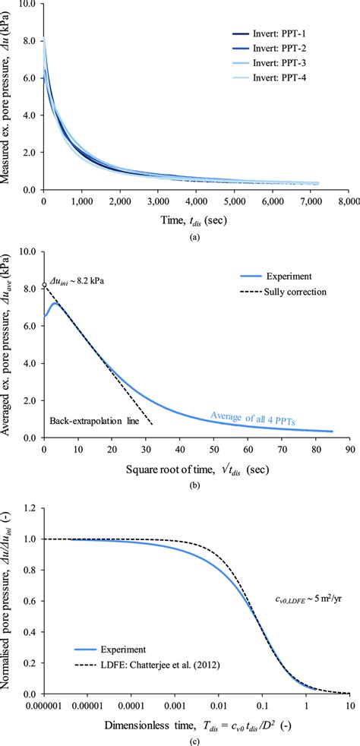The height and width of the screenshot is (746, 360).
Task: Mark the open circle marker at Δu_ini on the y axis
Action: pyautogui.click(x=44, y=286)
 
